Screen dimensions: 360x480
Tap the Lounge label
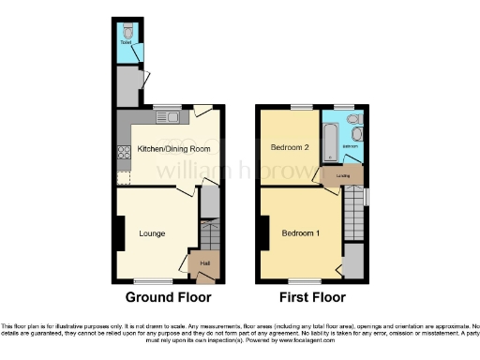[153, 232]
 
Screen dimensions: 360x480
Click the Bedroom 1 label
[299, 232]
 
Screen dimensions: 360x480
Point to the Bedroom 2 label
[290, 148]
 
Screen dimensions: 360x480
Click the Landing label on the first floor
[343, 176]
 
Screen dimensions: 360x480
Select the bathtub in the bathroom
[328, 141]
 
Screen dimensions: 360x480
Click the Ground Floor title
[169, 297]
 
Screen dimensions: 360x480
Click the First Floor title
[311, 297]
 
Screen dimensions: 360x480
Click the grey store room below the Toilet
[127, 86]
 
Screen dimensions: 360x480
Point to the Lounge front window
[152, 280]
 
